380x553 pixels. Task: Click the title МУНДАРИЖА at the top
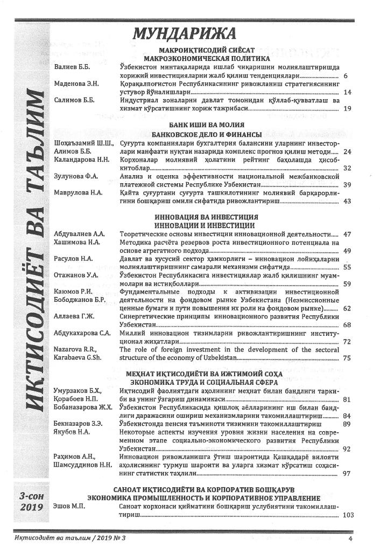184,33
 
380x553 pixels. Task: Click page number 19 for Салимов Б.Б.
347,108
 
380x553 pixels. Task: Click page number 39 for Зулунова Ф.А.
347,184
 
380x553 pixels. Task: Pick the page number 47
347,234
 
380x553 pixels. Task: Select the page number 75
347,357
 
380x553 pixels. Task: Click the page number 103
348,515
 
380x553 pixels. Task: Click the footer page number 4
350,538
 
